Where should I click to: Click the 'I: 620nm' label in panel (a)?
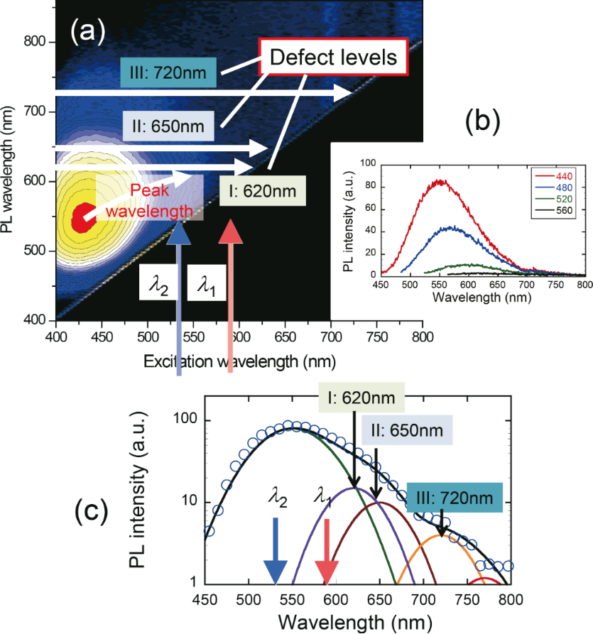click(263, 190)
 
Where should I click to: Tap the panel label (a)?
click(87, 31)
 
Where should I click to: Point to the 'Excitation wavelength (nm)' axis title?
click(239, 361)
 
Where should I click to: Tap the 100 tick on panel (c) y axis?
click(186, 420)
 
